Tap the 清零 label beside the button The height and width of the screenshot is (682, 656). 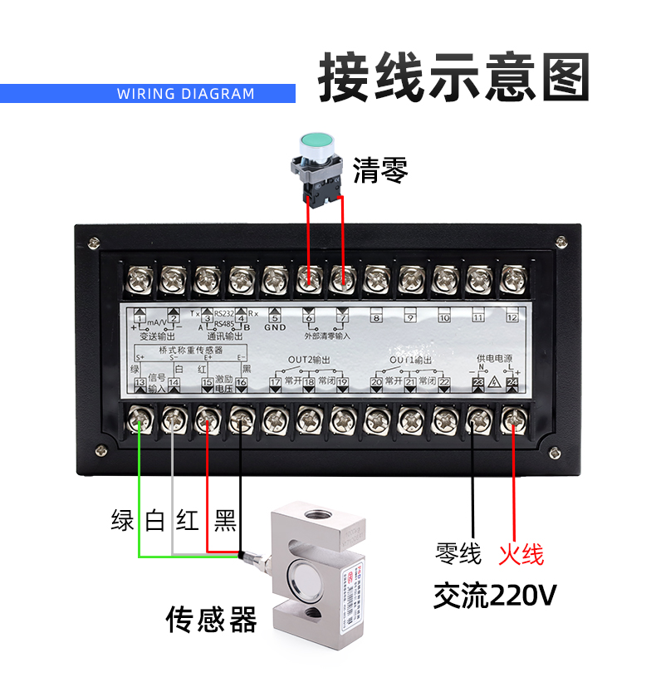380,171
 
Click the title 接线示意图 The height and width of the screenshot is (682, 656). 453,78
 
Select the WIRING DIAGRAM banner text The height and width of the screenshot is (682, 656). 185,93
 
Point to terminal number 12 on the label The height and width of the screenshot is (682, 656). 512,317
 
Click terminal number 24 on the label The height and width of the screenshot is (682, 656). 512,383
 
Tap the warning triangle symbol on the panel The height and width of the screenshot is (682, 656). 495,383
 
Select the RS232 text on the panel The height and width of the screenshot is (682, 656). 224,313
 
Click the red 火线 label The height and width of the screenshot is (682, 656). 521,554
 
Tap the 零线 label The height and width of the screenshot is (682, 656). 458,554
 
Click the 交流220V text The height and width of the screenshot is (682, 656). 494,595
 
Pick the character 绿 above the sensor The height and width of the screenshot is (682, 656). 123,521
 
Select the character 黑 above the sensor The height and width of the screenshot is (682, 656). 225,521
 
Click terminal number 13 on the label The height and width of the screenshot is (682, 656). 140,383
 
